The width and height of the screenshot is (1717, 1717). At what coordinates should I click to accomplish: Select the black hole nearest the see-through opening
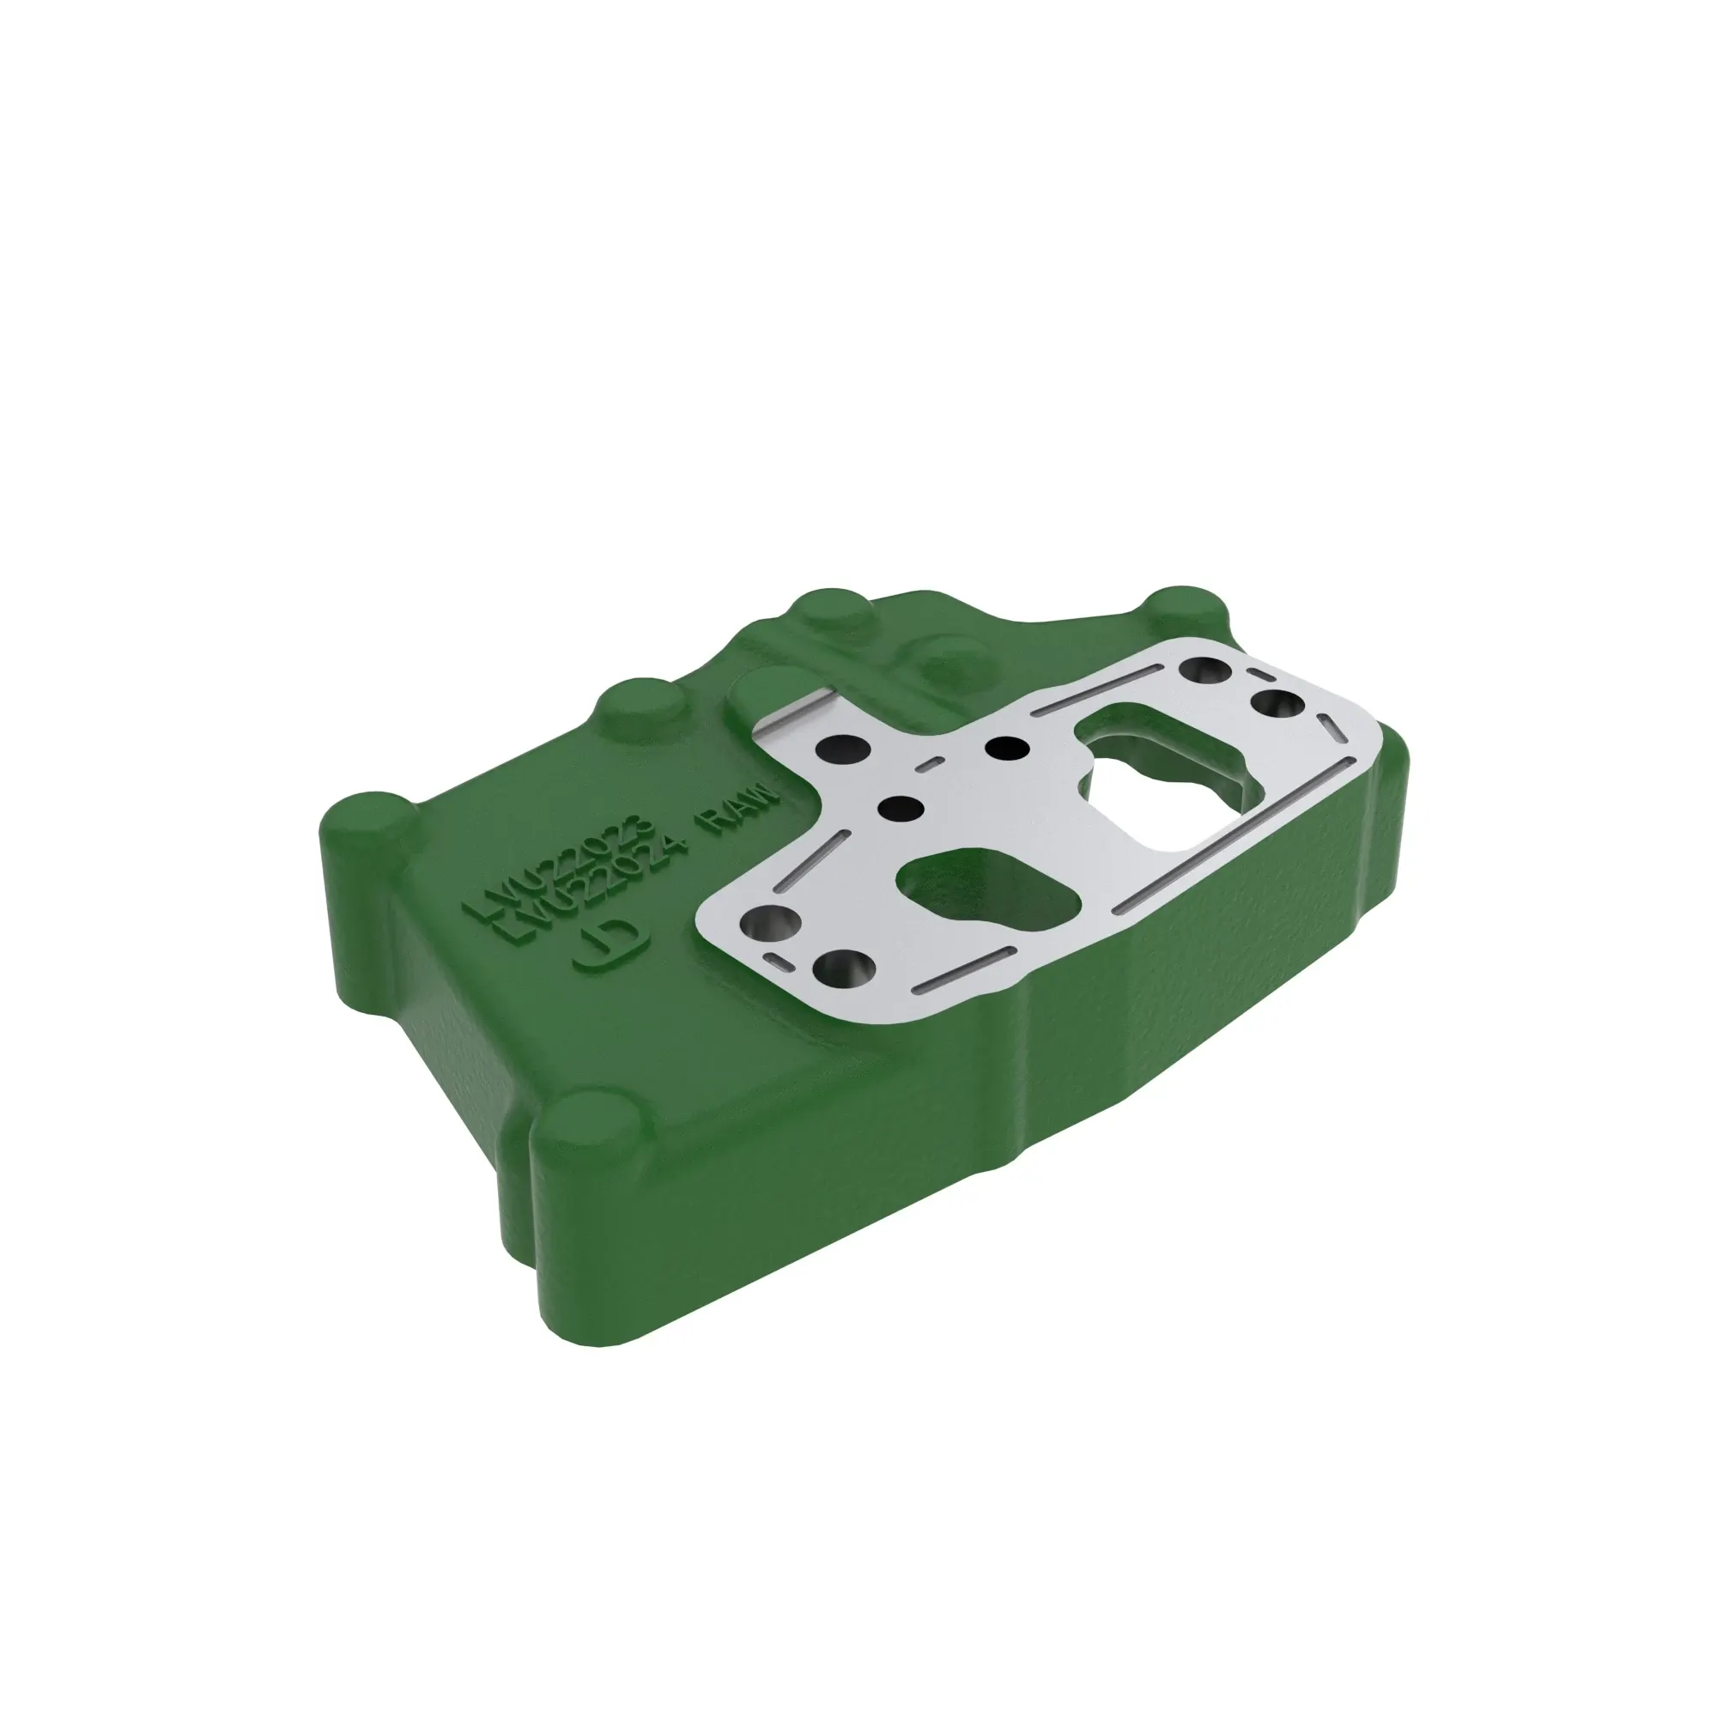click(x=1006, y=749)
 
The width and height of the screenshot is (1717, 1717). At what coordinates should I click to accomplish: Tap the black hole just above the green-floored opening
click(x=901, y=807)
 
